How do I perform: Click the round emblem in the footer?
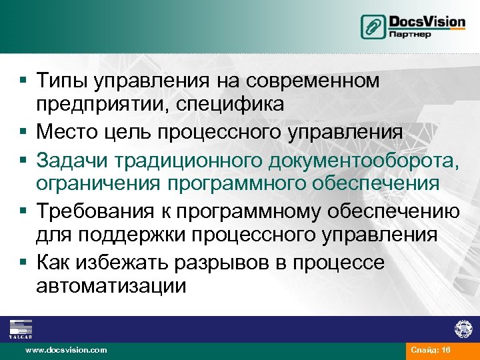[x=463, y=329]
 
